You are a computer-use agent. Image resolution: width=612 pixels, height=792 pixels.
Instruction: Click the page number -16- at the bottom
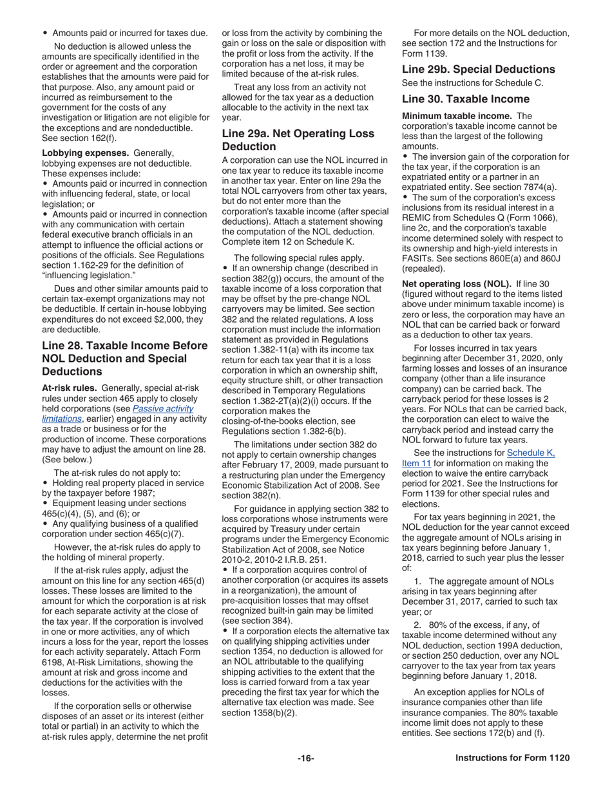[305, 758]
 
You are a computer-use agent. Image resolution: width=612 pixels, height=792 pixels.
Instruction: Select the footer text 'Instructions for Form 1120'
[512, 758]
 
